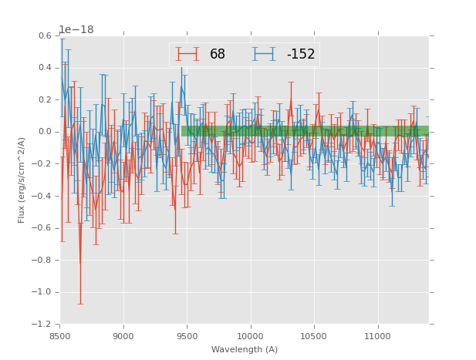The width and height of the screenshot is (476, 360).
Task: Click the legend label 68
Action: pyautogui.click(x=217, y=55)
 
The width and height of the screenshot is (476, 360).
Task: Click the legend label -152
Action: pyautogui.click(x=300, y=55)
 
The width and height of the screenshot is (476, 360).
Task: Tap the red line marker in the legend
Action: pyautogui.click(x=187, y=54)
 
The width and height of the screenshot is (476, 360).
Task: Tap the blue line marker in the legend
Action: pyautogui.click(x=265, y=54)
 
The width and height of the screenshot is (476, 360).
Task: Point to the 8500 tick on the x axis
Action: pyautogui.click(x=60, y=336)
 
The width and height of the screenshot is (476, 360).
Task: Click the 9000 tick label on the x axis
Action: pyautogui.click(x=123, y=336)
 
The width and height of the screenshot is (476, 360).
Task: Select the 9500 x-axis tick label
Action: pyautogui.click(x=187, y=336)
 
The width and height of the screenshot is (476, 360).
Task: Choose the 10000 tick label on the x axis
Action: pyautogui.click(x=251, y=336)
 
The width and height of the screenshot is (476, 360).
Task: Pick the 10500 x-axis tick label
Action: pyautogui.click(x=314, y=336)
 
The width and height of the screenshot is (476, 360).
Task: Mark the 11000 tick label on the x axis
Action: pyautogui.click(x=377, y=336)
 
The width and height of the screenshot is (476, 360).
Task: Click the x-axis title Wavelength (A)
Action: pyautogui.click(x=245, y=350)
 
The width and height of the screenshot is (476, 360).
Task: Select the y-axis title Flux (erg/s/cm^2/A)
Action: pyautogui.click(x=22, y=180)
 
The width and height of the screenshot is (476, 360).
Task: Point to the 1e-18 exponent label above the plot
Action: pyautogui.click(x=76, y=30)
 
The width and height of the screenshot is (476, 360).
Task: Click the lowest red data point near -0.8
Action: pyautogui.click(x=80, y=262)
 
